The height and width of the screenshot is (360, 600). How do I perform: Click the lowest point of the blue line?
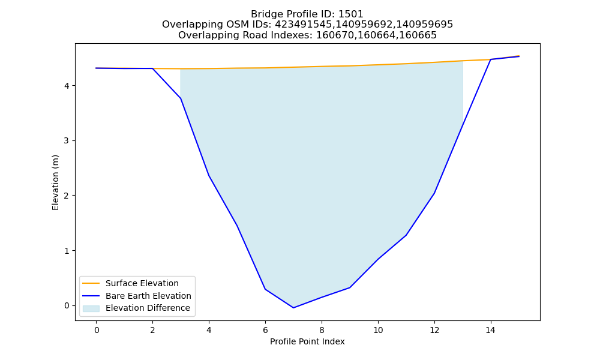[x=293, y=308]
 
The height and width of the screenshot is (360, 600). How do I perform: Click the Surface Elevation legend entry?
[x=130, y=283]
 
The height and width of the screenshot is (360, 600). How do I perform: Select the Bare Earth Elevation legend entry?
[x=137, y=296]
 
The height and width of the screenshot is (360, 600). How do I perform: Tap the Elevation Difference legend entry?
[x=136, y=308]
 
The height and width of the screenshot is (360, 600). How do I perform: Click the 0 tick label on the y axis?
[x=67, y=305]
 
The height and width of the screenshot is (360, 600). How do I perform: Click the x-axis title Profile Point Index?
[x=307, y=341]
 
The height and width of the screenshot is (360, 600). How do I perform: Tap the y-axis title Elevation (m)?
[x=55, y=182]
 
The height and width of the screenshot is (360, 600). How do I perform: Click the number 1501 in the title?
[x=351, y=14]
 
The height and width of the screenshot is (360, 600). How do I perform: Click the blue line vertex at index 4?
[x=209, y=176]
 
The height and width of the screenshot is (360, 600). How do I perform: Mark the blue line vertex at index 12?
[x=434, y=193]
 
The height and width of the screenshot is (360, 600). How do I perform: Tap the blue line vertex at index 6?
[x=265, y=289]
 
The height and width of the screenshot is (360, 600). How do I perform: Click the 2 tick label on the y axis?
[x=67, y=196]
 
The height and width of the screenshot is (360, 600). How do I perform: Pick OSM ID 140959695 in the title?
[x=424, y=25]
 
